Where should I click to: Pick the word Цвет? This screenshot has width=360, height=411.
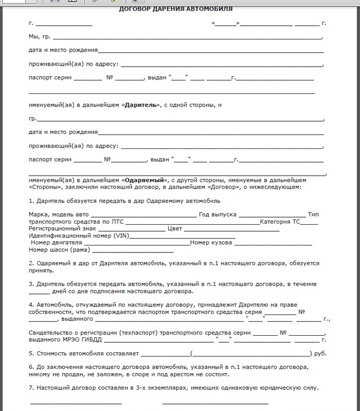pos(175,228)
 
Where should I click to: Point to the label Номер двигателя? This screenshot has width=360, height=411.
pos(57,243)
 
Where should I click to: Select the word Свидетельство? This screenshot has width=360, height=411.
pos(52,333)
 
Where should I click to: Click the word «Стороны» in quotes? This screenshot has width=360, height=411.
pos(45,187)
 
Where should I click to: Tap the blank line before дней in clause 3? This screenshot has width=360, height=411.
pos(38,292)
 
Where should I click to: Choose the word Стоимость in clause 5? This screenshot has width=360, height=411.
pos(52,353)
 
